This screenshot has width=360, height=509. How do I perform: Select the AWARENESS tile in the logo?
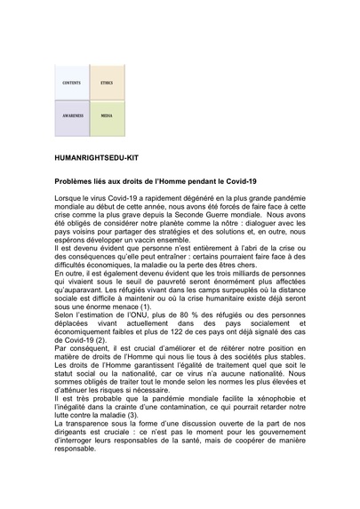(72, 116)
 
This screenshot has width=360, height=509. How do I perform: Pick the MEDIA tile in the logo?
(107, 116)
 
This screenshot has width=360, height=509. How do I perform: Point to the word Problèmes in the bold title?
(76, 180)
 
